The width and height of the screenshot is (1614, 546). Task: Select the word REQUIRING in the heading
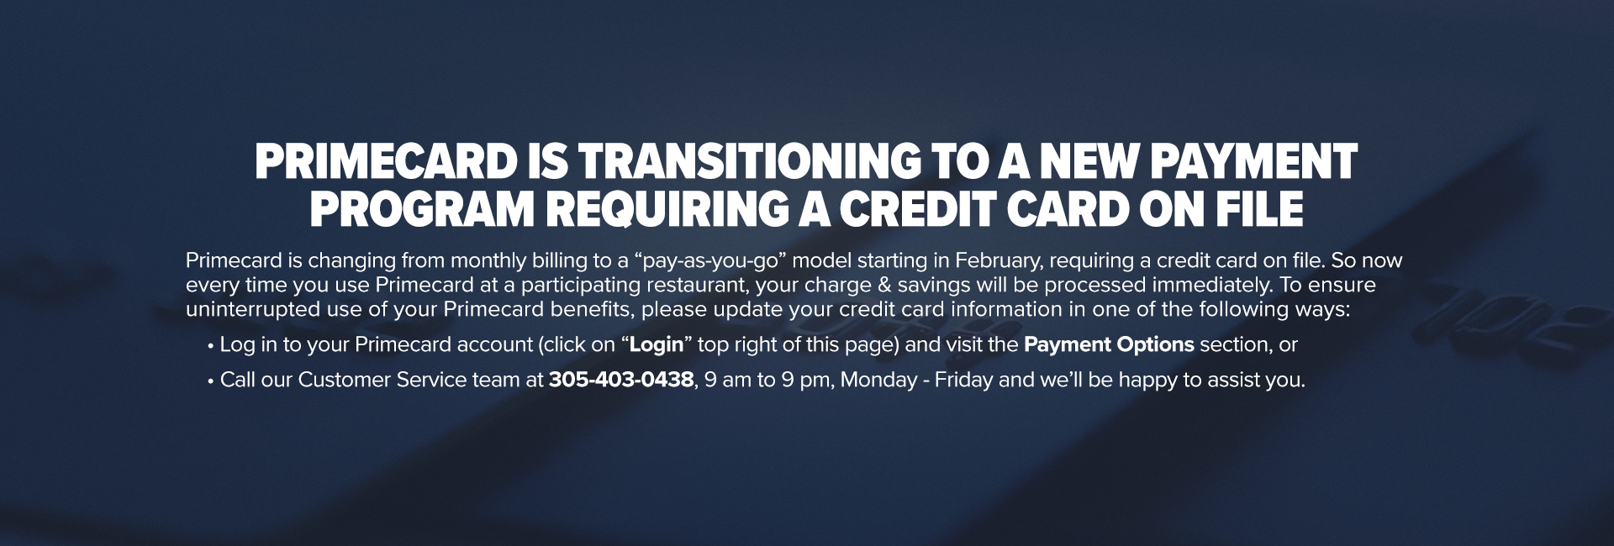(x=665, y=210)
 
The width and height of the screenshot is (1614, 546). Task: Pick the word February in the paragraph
(x=996, y=261)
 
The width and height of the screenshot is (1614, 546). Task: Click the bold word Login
(x=657, y=345)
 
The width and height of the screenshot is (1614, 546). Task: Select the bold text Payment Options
(x=1109, y=345)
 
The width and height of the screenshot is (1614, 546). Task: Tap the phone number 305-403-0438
(x=621, y=381)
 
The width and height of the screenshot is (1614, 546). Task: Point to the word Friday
(x=964, y=381)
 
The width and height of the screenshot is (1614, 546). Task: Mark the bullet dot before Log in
(x=210, y=346)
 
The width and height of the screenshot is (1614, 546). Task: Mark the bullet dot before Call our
(x=210, y=381)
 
